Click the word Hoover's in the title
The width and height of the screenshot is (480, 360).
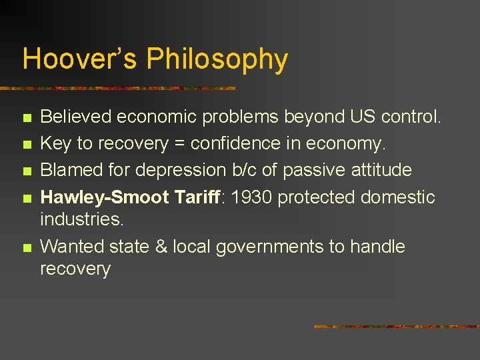coord(80,59)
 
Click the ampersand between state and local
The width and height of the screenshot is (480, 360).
coord(161,247)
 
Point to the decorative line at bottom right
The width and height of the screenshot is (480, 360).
coord(396,327)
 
